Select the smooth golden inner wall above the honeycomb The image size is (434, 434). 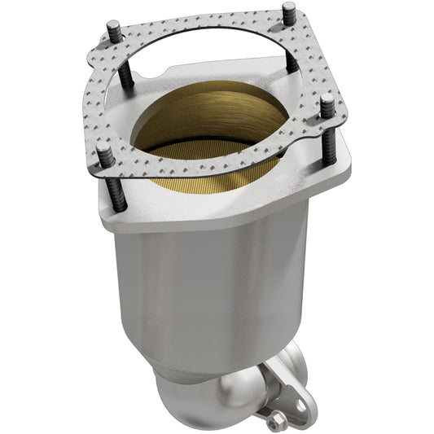click(204, 114)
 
